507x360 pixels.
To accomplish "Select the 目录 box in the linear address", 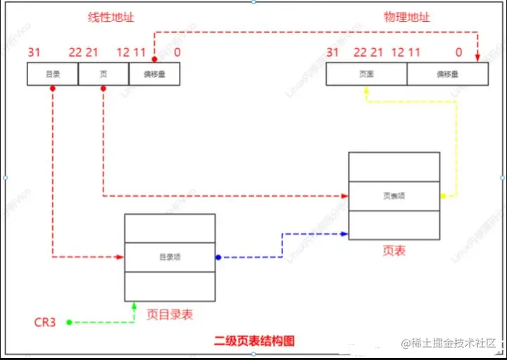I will point(52,74).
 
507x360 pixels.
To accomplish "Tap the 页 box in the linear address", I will point(103,74).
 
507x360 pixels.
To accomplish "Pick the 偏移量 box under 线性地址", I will point(154,74).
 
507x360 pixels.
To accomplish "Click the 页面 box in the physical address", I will point(366,74).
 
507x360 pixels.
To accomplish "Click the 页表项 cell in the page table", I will point(394,196).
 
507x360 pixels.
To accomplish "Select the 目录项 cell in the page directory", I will point(170,257).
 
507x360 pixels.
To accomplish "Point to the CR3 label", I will point(46,323).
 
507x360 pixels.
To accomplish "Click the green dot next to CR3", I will point(69,323).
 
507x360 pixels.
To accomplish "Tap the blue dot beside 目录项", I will point(218,257).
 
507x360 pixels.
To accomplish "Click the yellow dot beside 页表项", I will point(443,196).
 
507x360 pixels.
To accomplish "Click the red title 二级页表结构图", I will point(254,341).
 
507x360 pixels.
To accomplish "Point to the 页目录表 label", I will point(170,315).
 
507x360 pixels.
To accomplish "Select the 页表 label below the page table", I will point(394,251).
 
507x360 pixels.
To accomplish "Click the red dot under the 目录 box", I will point(53,89).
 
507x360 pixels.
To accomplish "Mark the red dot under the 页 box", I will point(103,89).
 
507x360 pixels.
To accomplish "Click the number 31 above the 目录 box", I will point(34,52).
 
